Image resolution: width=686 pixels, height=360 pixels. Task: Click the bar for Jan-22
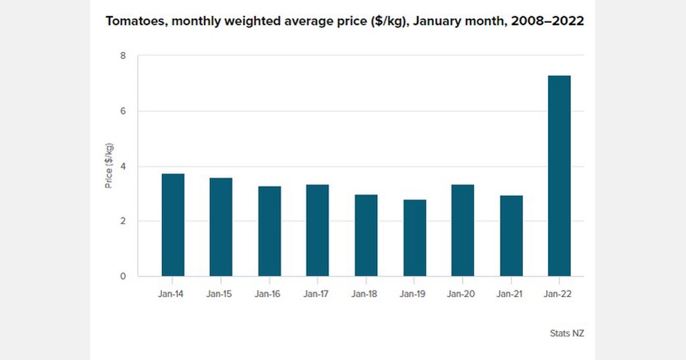(559, 176)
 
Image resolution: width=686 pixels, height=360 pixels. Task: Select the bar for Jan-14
(173, 225)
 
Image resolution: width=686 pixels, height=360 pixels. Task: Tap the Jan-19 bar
(414, 238)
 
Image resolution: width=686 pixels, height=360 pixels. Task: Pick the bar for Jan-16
(269, 231)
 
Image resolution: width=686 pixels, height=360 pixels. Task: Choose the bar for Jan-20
(462, 230)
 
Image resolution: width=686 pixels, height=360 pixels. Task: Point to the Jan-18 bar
(366, 235)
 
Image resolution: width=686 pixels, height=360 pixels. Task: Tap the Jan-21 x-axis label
(510, 295)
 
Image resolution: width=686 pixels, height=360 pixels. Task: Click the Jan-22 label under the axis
(559, 295)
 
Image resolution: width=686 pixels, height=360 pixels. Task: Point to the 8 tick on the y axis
(122, 56)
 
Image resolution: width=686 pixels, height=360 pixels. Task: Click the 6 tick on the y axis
(122, 111)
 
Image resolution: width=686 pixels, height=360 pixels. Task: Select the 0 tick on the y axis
(122, 277)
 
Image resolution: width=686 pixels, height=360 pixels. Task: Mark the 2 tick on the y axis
(122, 222)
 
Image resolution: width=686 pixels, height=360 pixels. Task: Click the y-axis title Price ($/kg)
(109, 166)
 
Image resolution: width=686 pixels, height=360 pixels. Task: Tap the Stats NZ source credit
(567, 333)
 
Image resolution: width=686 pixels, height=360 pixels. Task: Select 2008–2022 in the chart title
(549, 22)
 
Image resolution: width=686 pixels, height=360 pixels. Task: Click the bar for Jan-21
(510, 236)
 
